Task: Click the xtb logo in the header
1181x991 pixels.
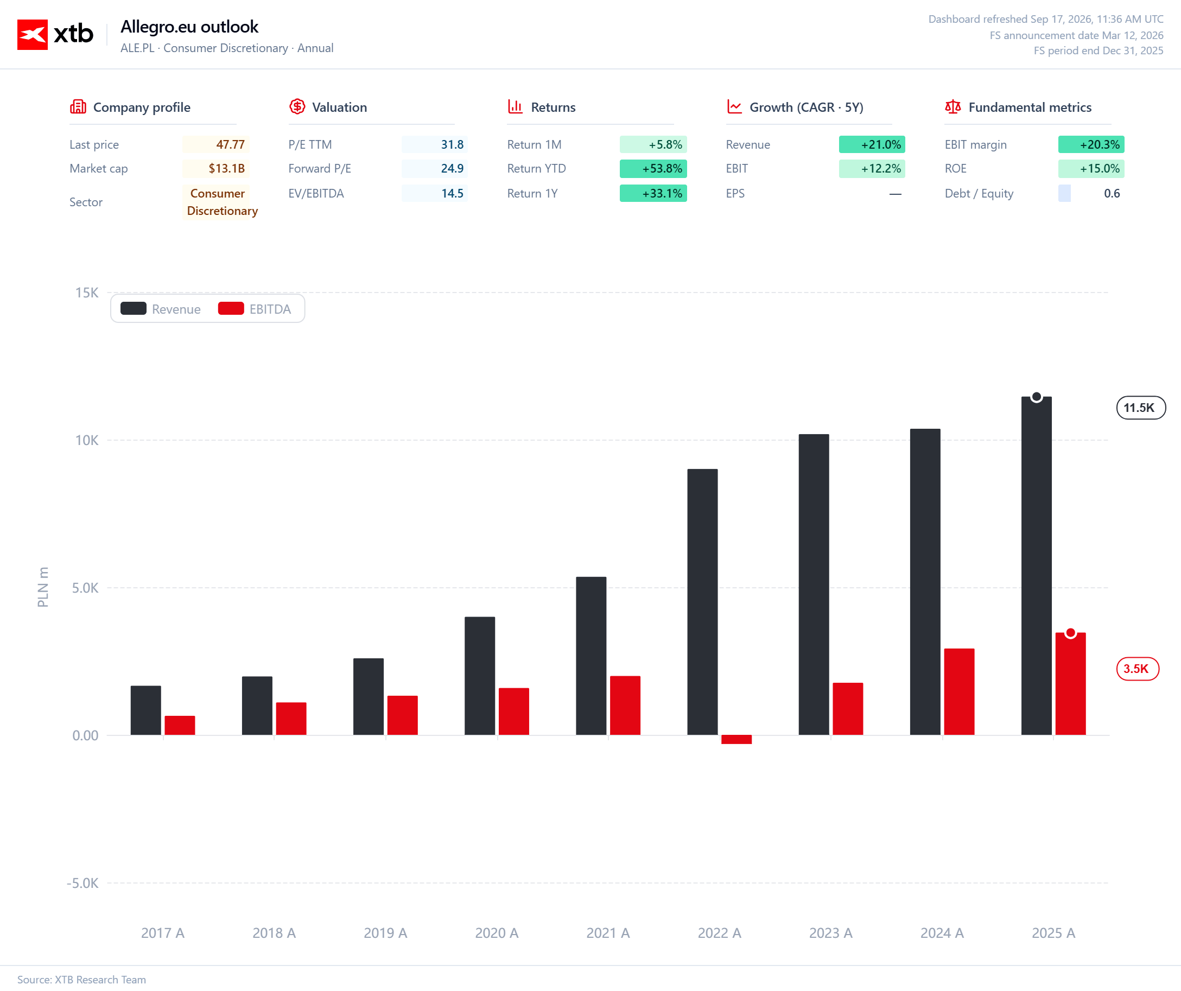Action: click(55, 34)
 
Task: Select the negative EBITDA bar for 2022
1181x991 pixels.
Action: click(736, 739)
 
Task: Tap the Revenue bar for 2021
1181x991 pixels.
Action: click(591, 656)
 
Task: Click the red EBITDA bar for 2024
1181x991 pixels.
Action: click(959, 692)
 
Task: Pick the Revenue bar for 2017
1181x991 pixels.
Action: click(145, 710)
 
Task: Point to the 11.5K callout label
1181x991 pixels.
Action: click(1140, 408)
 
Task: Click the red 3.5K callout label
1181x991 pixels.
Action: click(1137, 669)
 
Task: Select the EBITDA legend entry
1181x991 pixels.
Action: click(255, 309)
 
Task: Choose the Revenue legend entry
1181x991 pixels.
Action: click(161, 309)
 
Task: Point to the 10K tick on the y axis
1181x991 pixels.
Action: click(87, 440)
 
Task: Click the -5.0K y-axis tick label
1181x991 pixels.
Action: click(82, 883)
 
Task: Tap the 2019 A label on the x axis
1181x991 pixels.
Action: click(385, 933)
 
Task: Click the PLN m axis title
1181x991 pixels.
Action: click(43, 587)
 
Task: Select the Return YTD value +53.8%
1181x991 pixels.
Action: click(653, 169)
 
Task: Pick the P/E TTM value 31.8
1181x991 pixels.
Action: click(434, 144)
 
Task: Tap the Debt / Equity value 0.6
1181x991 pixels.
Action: click(1112, 193)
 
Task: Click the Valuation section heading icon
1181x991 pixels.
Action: click(297, 106)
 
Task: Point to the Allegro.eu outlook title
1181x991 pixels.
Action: click(189, 27)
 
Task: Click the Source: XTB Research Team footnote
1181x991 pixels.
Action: click(81, 979)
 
